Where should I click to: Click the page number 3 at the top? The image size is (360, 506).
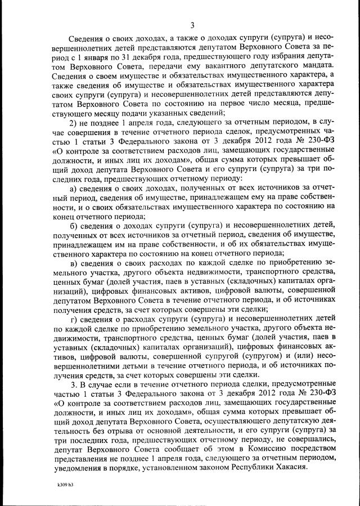pyautogui.click(x=192, y=25)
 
